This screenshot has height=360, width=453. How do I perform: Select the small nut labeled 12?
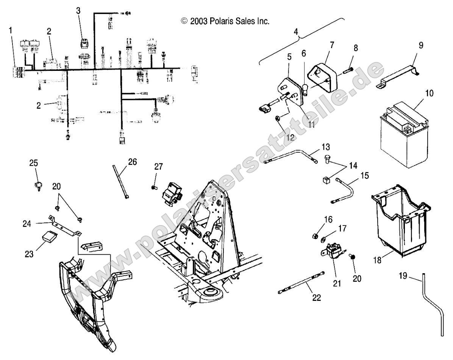pyautogui.click(x=277, y=119)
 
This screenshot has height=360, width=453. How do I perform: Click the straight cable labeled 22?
pyautogui.click(x=301, y=282)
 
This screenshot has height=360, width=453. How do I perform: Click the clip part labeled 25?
pyautogui.click(x=36, y=186)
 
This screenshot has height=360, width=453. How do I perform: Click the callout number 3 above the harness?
pyautogui.click(x=78, y=11)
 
